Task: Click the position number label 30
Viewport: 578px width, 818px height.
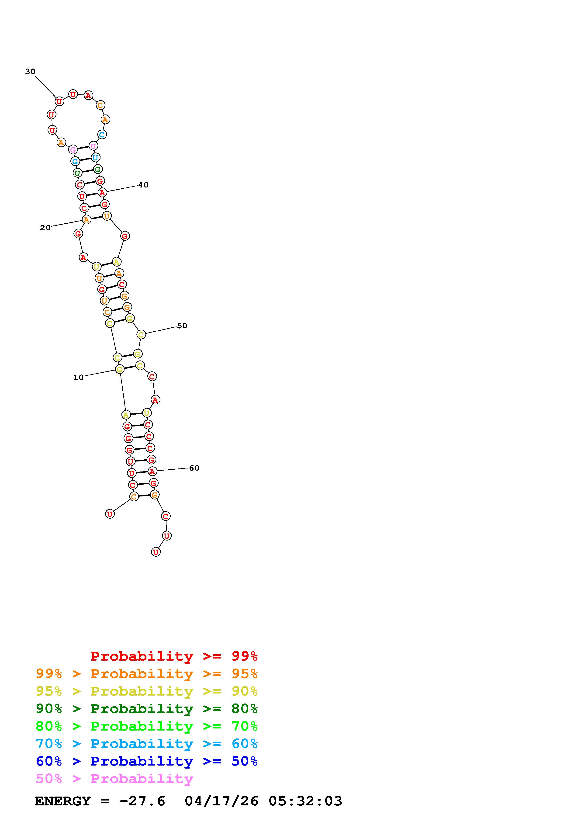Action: coord(30,72)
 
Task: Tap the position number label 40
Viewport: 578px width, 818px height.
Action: coord(143,185)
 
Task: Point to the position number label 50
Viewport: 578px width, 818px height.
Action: coord(182,326)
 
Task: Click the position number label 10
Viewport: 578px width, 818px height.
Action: coord(78,377)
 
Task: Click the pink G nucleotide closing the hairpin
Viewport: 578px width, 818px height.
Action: coord(73,150)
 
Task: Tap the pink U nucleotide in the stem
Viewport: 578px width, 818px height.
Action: coord(93,146)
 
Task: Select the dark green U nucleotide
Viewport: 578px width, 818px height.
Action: coord(77,173)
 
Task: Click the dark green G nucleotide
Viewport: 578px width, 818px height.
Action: coord(98,169)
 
